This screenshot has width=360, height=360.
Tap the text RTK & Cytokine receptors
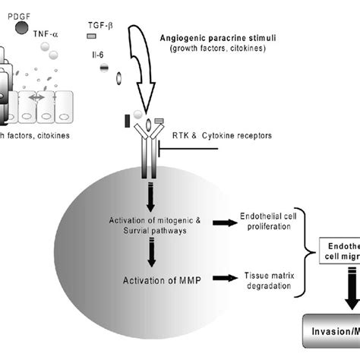tap(226, 136)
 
